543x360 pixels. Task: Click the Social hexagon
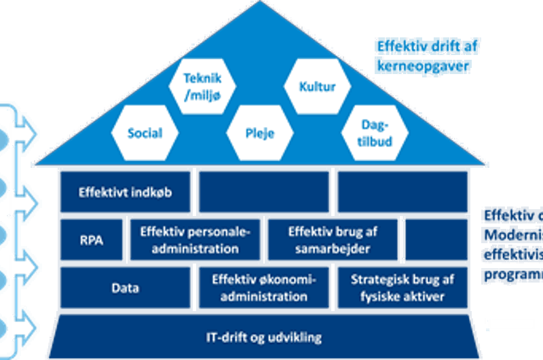click(x=145, y=132)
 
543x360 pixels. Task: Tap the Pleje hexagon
click(x=259, y=132)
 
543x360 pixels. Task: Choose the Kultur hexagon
click(x=318, y=87)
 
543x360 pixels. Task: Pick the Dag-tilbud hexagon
click(x=375, y=132)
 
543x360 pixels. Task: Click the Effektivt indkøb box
click(x=126, y=192)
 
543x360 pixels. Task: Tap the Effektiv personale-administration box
click(x=195, y=240)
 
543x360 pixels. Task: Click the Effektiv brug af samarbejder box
click(x=333, y=240)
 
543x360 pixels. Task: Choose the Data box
click(x=125, y=288)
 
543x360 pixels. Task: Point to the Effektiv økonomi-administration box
click(x=263, y=288)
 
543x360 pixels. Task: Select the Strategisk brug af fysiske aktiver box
click(x=402, y=288)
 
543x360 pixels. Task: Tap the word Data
click(x=125, y=288)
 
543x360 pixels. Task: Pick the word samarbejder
click(x=333, y=249)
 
